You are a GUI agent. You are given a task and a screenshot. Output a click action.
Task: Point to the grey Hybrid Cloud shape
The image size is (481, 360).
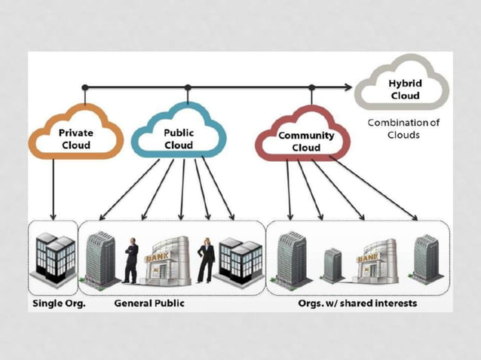(x=404, y=89)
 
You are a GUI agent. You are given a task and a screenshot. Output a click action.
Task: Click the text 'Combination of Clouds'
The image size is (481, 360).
(x=404, y=128)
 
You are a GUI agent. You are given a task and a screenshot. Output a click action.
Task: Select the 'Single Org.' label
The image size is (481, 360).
(x=57, y=304)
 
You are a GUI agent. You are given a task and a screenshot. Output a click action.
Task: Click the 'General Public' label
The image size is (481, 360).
(x=149, y=304)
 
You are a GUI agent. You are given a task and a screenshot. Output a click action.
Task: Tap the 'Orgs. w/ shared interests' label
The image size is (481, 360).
(x=357, y=304)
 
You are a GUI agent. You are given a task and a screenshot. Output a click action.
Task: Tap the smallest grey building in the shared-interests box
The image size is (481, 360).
(x=332, y=265)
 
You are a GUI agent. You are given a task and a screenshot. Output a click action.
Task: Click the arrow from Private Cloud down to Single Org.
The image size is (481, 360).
(x=54, y=188)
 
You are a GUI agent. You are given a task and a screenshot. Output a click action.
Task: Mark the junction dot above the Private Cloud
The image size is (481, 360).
(x=85, y=88)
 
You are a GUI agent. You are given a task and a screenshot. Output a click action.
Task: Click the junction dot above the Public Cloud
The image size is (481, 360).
(x=187, y=88)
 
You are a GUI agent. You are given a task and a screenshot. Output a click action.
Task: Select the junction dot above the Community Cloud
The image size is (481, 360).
(x=311, y=88)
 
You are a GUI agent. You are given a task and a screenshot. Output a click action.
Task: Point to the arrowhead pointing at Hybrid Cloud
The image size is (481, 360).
(x=348, y=88)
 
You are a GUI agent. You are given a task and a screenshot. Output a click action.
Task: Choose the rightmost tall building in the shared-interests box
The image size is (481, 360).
(x=426, y=258)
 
